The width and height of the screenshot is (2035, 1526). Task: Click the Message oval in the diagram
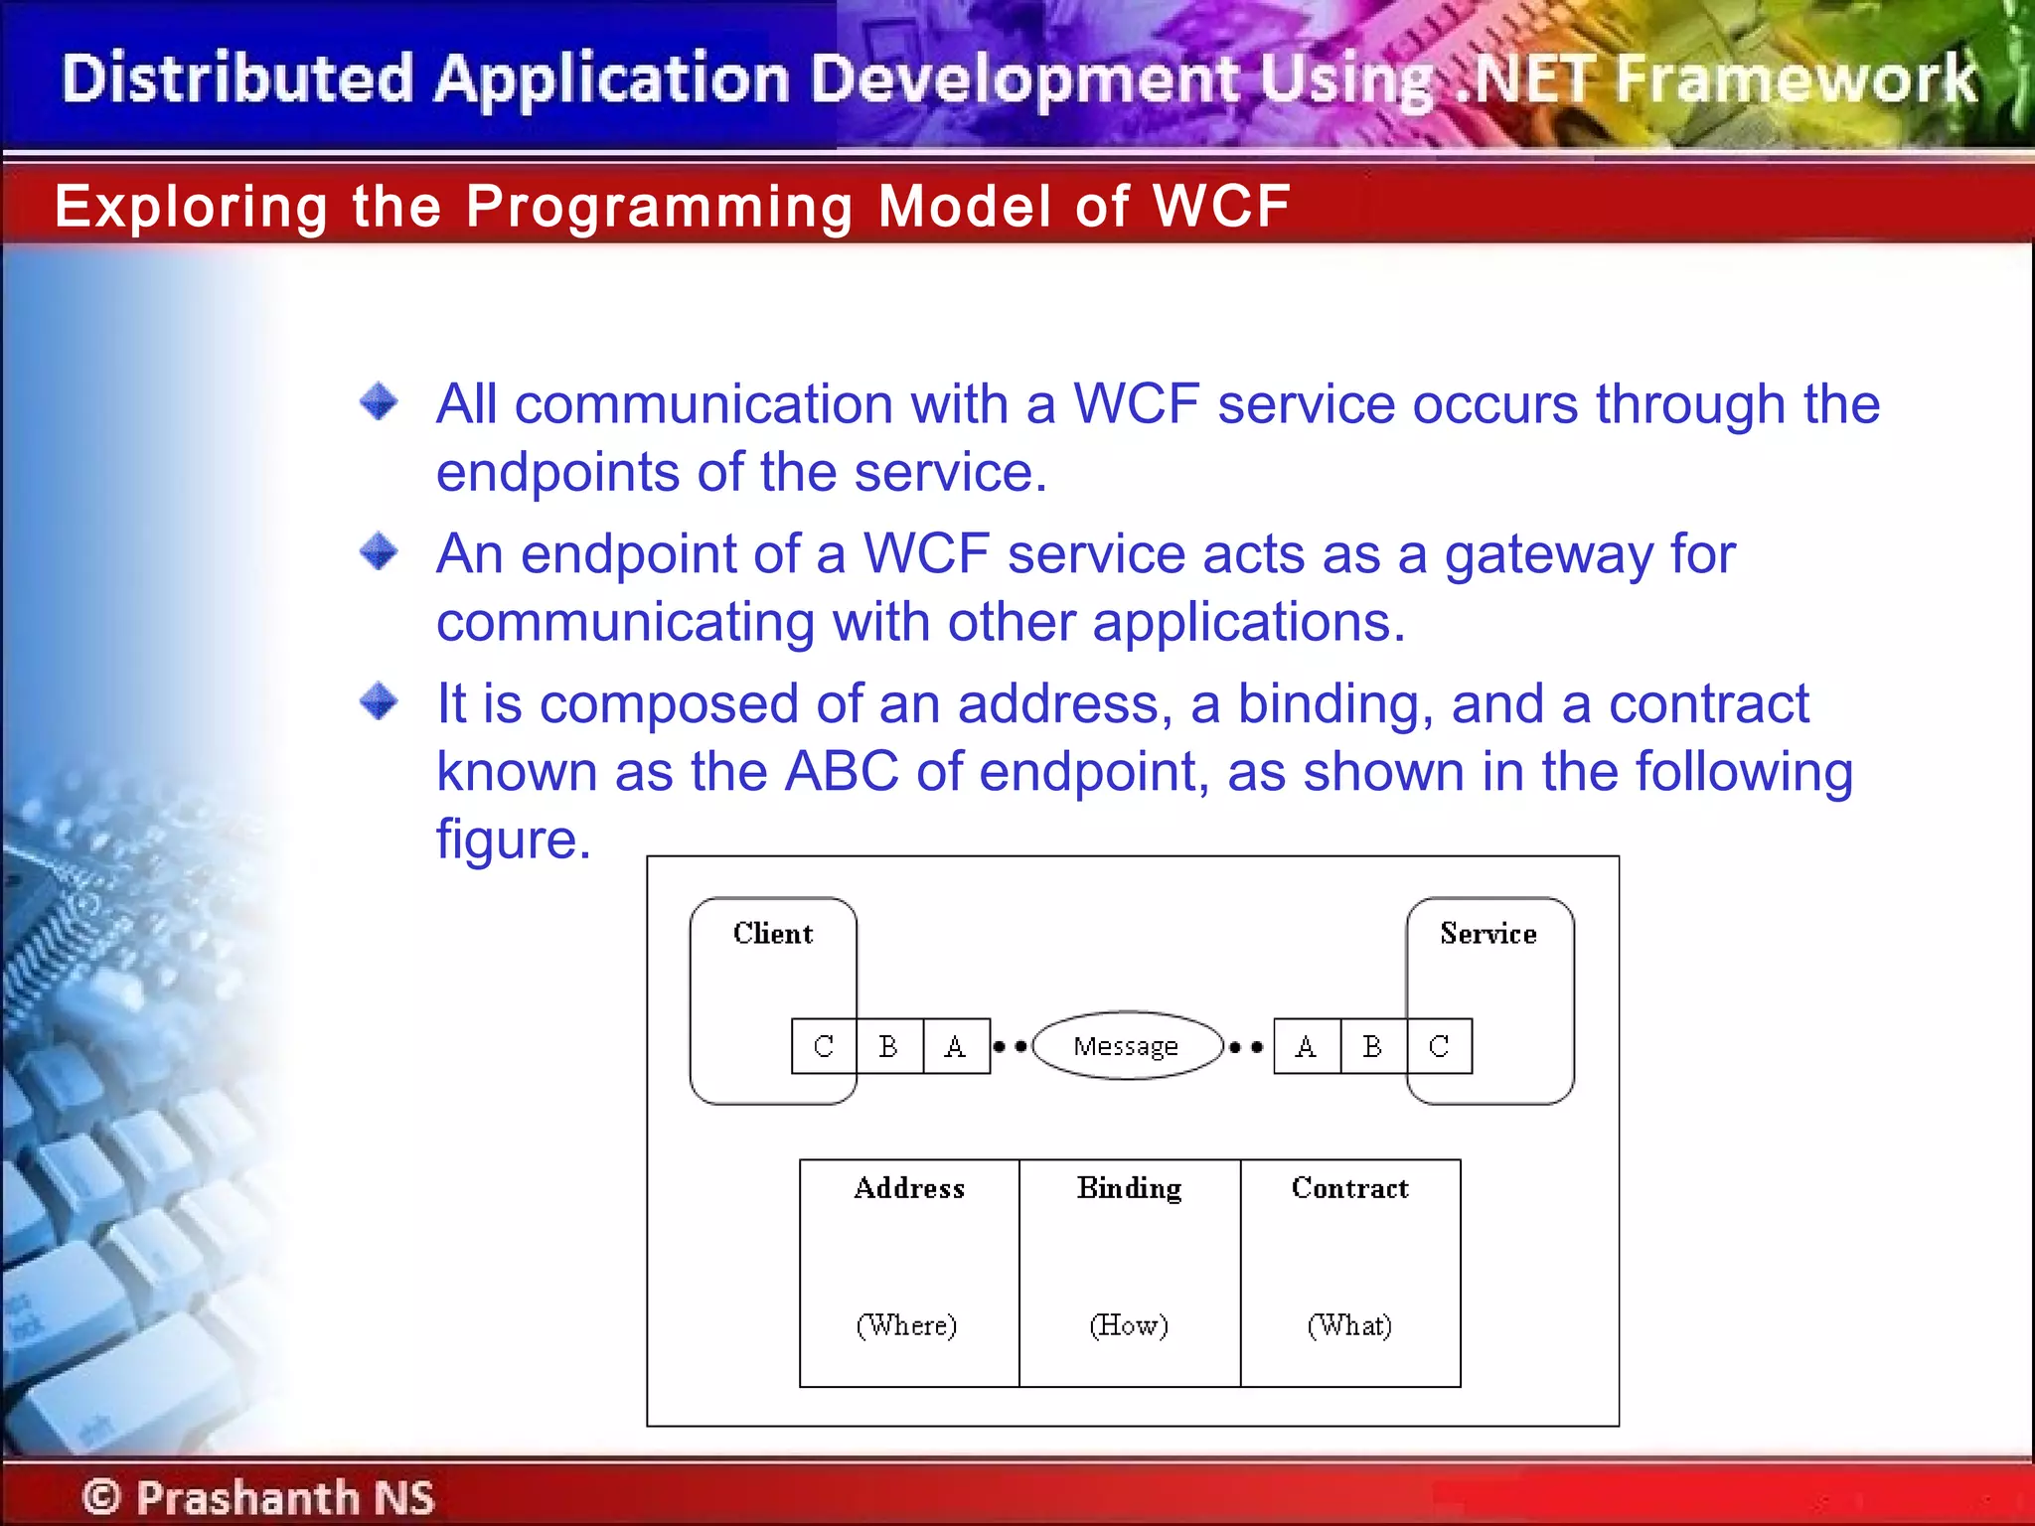1127,1046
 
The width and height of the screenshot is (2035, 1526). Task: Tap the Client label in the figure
773,934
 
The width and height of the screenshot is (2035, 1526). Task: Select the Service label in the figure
1487,934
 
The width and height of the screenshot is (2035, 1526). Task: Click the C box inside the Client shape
824,1046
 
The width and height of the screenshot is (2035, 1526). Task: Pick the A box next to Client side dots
956,1046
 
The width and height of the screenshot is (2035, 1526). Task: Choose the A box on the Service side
1307,1046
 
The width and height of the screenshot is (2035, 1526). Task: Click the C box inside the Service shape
1439,1046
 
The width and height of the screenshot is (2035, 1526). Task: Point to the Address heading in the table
909,1188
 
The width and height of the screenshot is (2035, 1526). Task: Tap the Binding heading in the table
1130,1188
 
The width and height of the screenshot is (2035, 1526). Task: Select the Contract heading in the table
1349,1188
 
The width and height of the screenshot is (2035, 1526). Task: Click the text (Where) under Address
907,1325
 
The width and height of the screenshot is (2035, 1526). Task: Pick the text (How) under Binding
1129,1325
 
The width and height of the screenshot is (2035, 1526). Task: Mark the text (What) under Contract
1349,1325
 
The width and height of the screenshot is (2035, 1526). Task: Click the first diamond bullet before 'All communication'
379,402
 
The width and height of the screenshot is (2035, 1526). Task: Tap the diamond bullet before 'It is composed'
379,701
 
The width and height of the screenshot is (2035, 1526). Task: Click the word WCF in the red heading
1221,207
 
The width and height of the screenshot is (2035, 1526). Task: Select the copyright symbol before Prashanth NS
101,1497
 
